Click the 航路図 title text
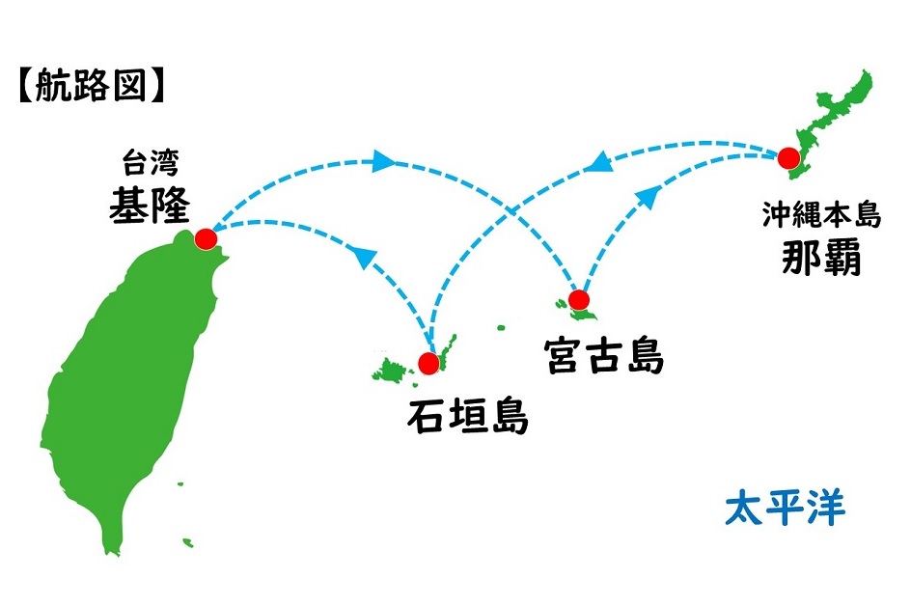pos(92,86)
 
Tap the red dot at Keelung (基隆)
pos(205,238)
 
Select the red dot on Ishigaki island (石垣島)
pos(428,363)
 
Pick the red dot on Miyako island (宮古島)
pos(578,300)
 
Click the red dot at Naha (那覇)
pos(788,157)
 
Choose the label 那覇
pos(822,257)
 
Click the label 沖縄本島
pos(822,215)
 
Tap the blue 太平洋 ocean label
pos(785,508)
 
